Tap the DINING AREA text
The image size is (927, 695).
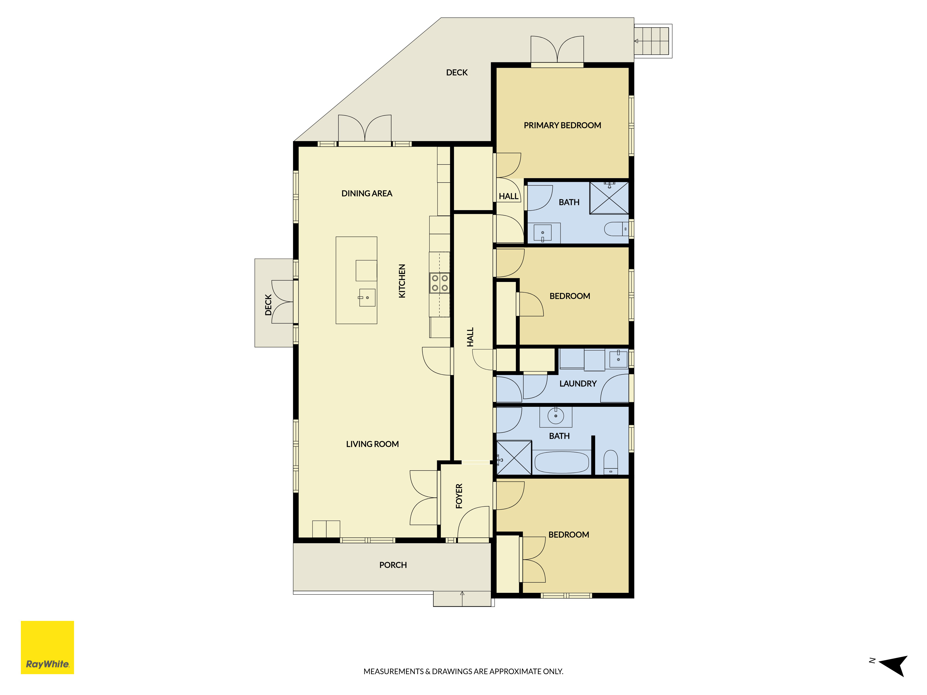[367, 193]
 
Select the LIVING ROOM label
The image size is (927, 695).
[372, 444]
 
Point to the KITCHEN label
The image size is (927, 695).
[402, 281]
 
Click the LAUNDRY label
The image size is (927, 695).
[578, 384]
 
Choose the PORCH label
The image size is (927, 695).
[393, 565]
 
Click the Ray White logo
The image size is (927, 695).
[47, 647]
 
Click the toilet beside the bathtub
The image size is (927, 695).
[611, 462]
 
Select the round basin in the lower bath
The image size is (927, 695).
[556, 416]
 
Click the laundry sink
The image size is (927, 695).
[618, 359]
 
